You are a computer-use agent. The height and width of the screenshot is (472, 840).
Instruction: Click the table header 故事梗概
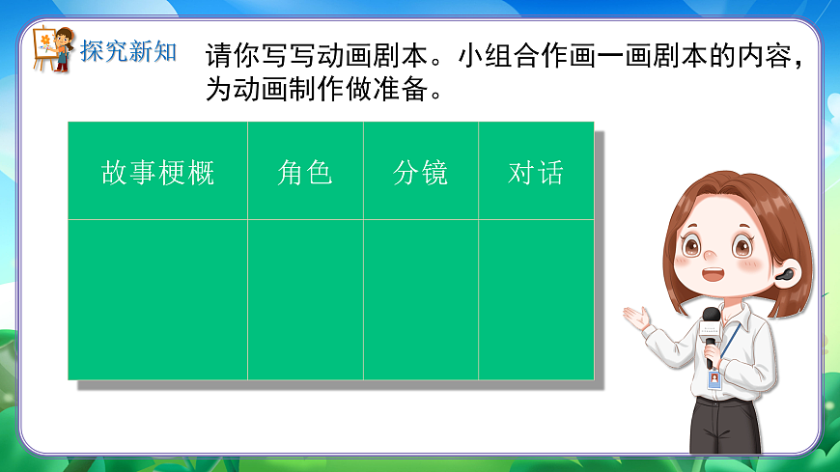click(x=157, y=173)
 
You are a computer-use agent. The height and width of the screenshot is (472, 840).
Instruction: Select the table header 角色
click(x=305, y=173)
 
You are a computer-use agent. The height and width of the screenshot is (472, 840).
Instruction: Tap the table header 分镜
click(x=420, y=173)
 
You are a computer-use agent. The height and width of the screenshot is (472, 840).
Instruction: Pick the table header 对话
click(x=536, y=173)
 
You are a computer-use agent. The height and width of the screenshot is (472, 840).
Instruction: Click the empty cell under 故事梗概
click(x=157, y=299)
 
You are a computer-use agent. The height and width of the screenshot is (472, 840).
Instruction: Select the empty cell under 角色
click(x=305, y=299)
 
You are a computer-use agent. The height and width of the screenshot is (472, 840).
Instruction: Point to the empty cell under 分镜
click(x=420, y=299)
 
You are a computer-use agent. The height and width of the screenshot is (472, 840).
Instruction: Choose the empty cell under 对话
click(x=536, y=299)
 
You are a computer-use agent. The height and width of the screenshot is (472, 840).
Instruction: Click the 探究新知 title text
click(x=128, y=51)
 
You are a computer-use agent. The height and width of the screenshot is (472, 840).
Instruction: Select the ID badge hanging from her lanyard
click(x=714, y=378)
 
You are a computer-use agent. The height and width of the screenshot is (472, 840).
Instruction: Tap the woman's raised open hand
click(x=637, y=318)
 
